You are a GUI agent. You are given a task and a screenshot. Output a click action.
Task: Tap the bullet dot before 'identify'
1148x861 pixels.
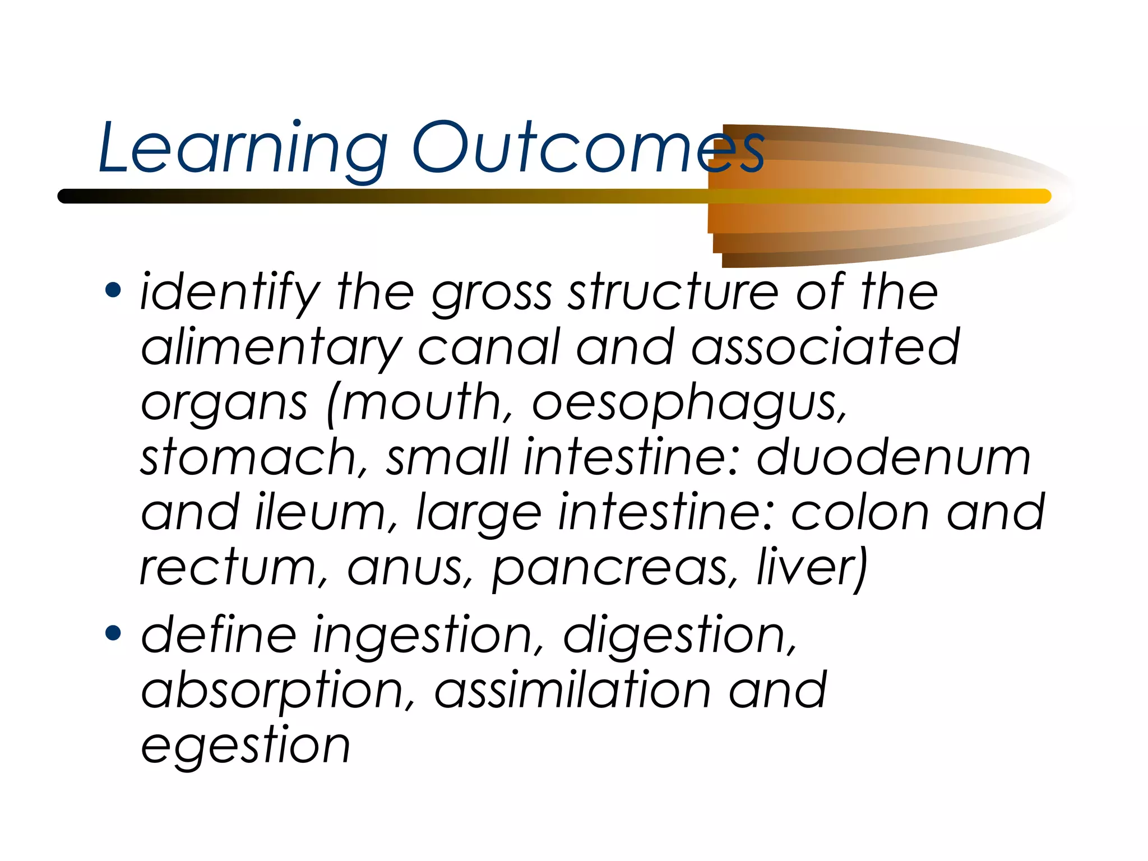click(x=113, y=290)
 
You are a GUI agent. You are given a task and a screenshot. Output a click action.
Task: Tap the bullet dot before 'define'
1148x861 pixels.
click(x=113, y=633)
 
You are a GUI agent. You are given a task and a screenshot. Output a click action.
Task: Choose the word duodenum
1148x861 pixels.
click(x=894, y=457)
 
